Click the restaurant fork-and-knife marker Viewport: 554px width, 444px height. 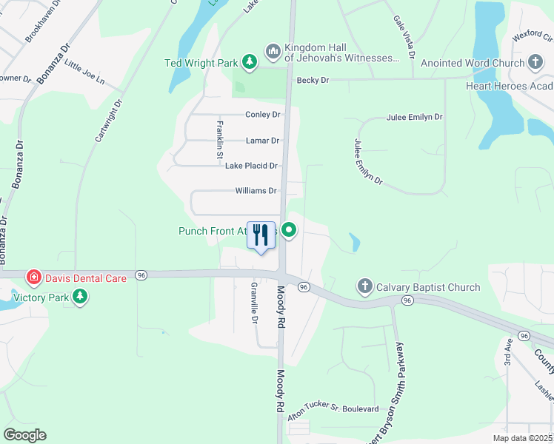[x=261, y=235]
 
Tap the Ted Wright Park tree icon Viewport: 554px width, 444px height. [x=250, y=62]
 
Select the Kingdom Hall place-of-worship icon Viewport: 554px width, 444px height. [x=273, y=50]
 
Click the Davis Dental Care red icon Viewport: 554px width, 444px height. [x=33, y=278]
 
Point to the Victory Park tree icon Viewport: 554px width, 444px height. [x=80, y=297]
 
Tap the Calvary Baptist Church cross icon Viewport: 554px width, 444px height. [x=364, y=286]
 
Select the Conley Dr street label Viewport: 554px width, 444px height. [x=263, y=115]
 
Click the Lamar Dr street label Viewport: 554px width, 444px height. [x=262, y=141]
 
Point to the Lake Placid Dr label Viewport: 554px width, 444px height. [x=251, y=166]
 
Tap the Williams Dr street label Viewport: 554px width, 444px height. [x=256, y=191]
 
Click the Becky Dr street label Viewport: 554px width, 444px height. [x=312, y=80]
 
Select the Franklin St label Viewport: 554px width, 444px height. [x=219, y=140]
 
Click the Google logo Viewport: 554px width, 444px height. [x=24, y=435]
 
